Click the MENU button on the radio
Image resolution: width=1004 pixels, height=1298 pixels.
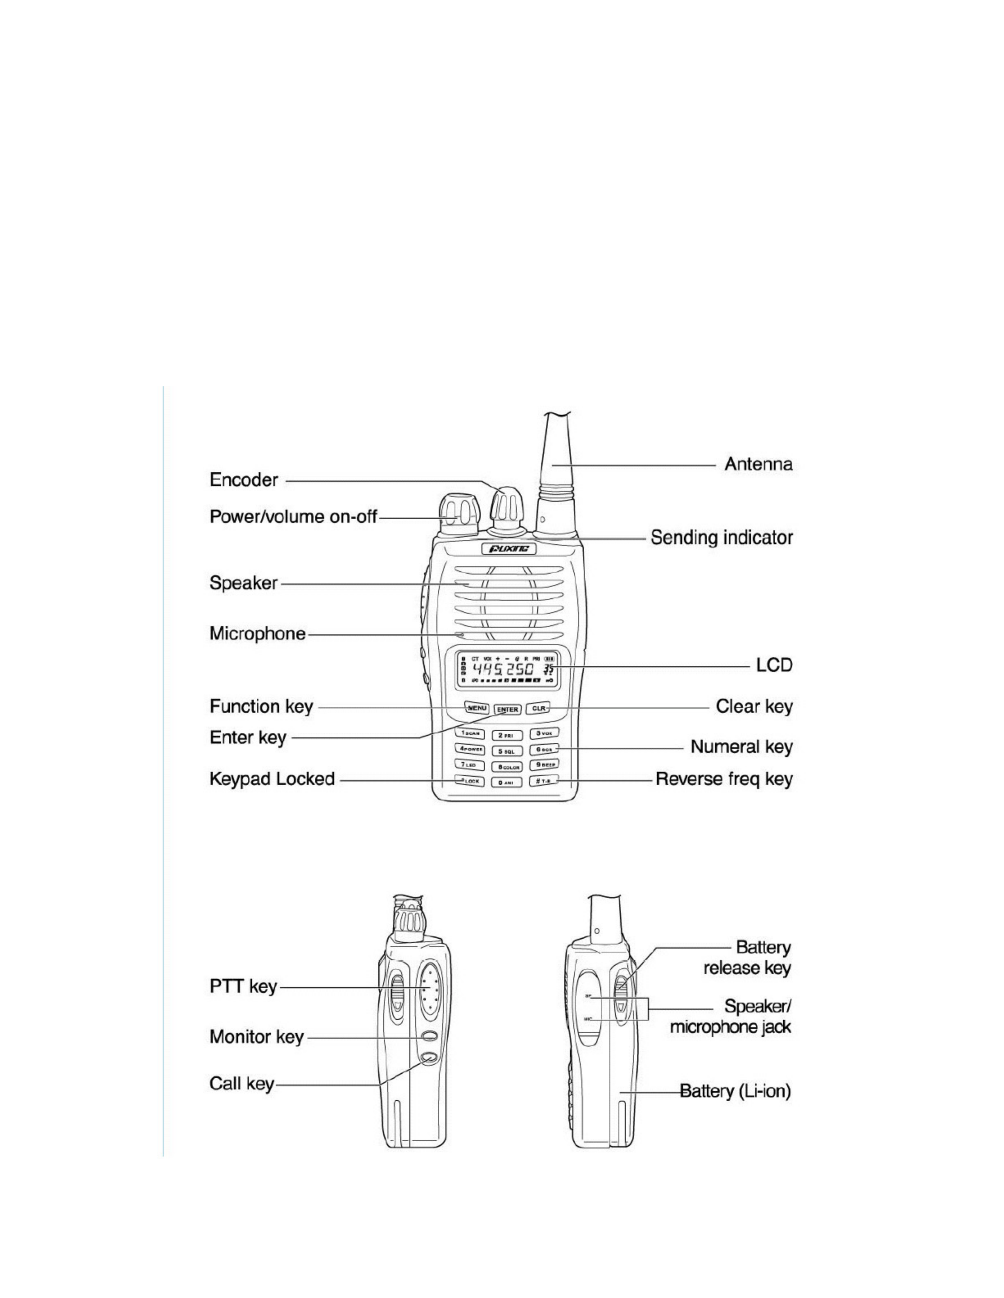click(x=477, y=708)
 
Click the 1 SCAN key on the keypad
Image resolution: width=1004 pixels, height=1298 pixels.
click(x=470, y=733)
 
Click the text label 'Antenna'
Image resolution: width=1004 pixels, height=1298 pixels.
click(x=758, y=464)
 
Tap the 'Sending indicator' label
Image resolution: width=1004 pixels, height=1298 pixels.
click(x=721, y=538)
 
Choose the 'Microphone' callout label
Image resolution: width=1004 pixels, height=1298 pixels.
click(x=258, y=633)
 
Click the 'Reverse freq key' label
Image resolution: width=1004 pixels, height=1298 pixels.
click(x=724, y=779)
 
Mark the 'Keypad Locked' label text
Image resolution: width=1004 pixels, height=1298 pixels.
click(x=272, y=779)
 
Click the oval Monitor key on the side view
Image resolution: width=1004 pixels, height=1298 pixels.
click(x=428, y=1035)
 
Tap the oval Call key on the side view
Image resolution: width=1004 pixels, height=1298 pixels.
click(x=428, y=1057)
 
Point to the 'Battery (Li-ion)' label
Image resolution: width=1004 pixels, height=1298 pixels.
click(x=735, y=1091)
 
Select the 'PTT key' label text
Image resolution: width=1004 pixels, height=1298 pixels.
click(x=243, y=987)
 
